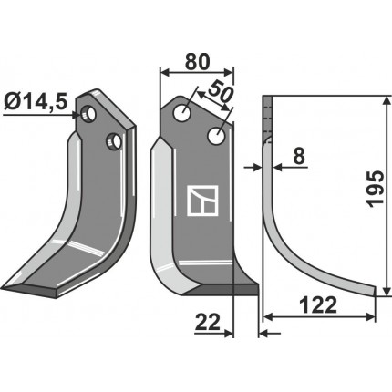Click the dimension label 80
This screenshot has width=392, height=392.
[x=197, y=62]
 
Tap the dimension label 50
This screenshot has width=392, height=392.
[x=221, y=92]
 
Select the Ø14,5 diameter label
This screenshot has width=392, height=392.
[x=36, y=102]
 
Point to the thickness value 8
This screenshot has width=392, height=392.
[x=299, y=157]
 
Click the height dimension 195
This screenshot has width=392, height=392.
[x=376, y=189]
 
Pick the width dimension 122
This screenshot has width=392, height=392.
[x=318, y=304]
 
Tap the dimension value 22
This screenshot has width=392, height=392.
[x=208, y=322]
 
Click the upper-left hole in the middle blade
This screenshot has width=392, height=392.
[x=182, y=113]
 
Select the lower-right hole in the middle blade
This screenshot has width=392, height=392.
[x=217, y=136]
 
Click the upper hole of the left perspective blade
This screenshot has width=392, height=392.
[x=88, y=114]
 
